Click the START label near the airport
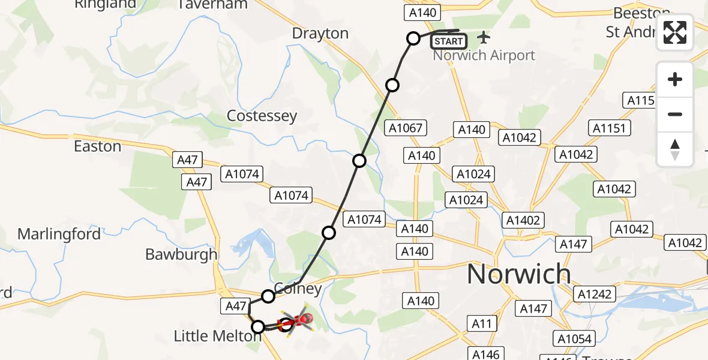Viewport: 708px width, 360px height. (x=448, y=41)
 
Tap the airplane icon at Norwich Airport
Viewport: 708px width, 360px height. (x=484, y=38)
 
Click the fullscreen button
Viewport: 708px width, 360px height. (x=675, y=32)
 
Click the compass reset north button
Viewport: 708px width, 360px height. (x=675, y=149)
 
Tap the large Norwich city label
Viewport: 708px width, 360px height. (x=519, y=274)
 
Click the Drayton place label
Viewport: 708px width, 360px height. (x=320, y=34)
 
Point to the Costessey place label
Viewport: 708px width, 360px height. (x=262, y=116)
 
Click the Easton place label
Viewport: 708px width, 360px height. (x=97, y=146)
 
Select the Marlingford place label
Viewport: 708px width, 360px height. (x=59, y=234)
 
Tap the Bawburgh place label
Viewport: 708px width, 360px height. (x=181, y=254)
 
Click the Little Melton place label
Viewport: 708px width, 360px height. (x=217, y=336)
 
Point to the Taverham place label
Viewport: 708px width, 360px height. (x=213, y=5)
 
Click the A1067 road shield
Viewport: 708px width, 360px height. (x=406, y=128)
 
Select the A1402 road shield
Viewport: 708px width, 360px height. (x=523, y=220)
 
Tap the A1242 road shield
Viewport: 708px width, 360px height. (x=595, y=294)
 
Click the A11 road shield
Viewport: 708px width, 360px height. (x=482, y=324)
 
